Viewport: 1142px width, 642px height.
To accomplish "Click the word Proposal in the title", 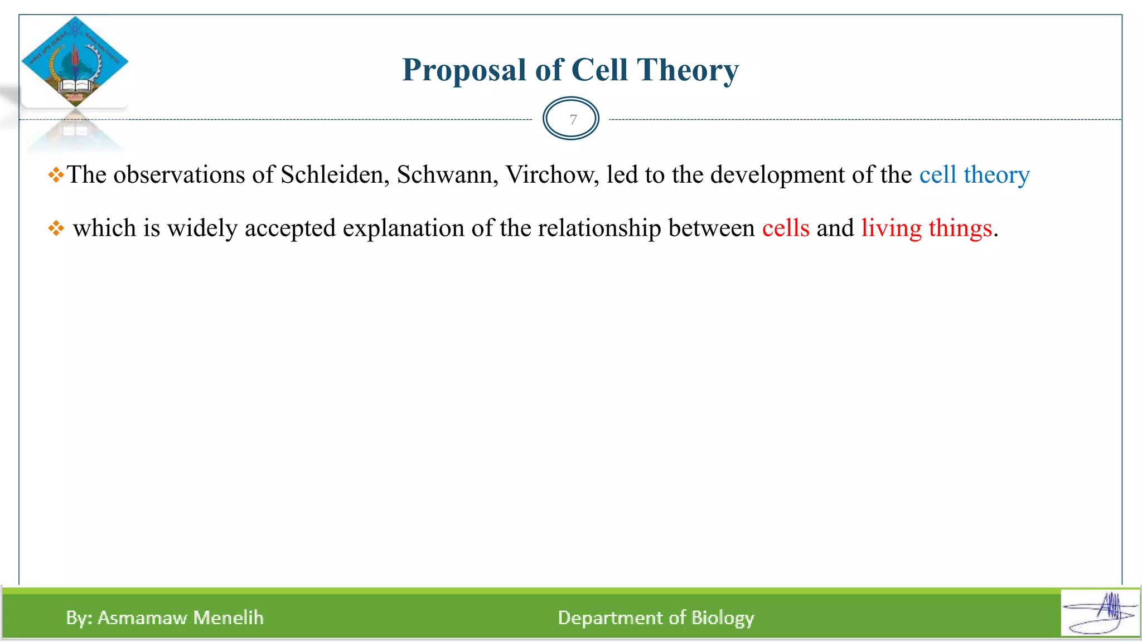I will (464, 71).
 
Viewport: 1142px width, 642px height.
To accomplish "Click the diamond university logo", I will (75, 61).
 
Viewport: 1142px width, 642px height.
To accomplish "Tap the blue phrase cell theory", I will (974, 175).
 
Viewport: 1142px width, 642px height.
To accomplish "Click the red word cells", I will (785, 228).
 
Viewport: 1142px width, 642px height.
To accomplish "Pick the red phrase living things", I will (926, 228).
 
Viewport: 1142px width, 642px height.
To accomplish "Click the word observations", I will (179, 175).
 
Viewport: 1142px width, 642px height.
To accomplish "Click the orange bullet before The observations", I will (56, 176).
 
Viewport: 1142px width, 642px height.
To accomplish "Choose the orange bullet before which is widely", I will (56, 228).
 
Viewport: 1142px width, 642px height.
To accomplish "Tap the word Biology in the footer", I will (723, 617).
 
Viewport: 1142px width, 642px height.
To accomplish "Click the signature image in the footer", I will (1100, 612).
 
